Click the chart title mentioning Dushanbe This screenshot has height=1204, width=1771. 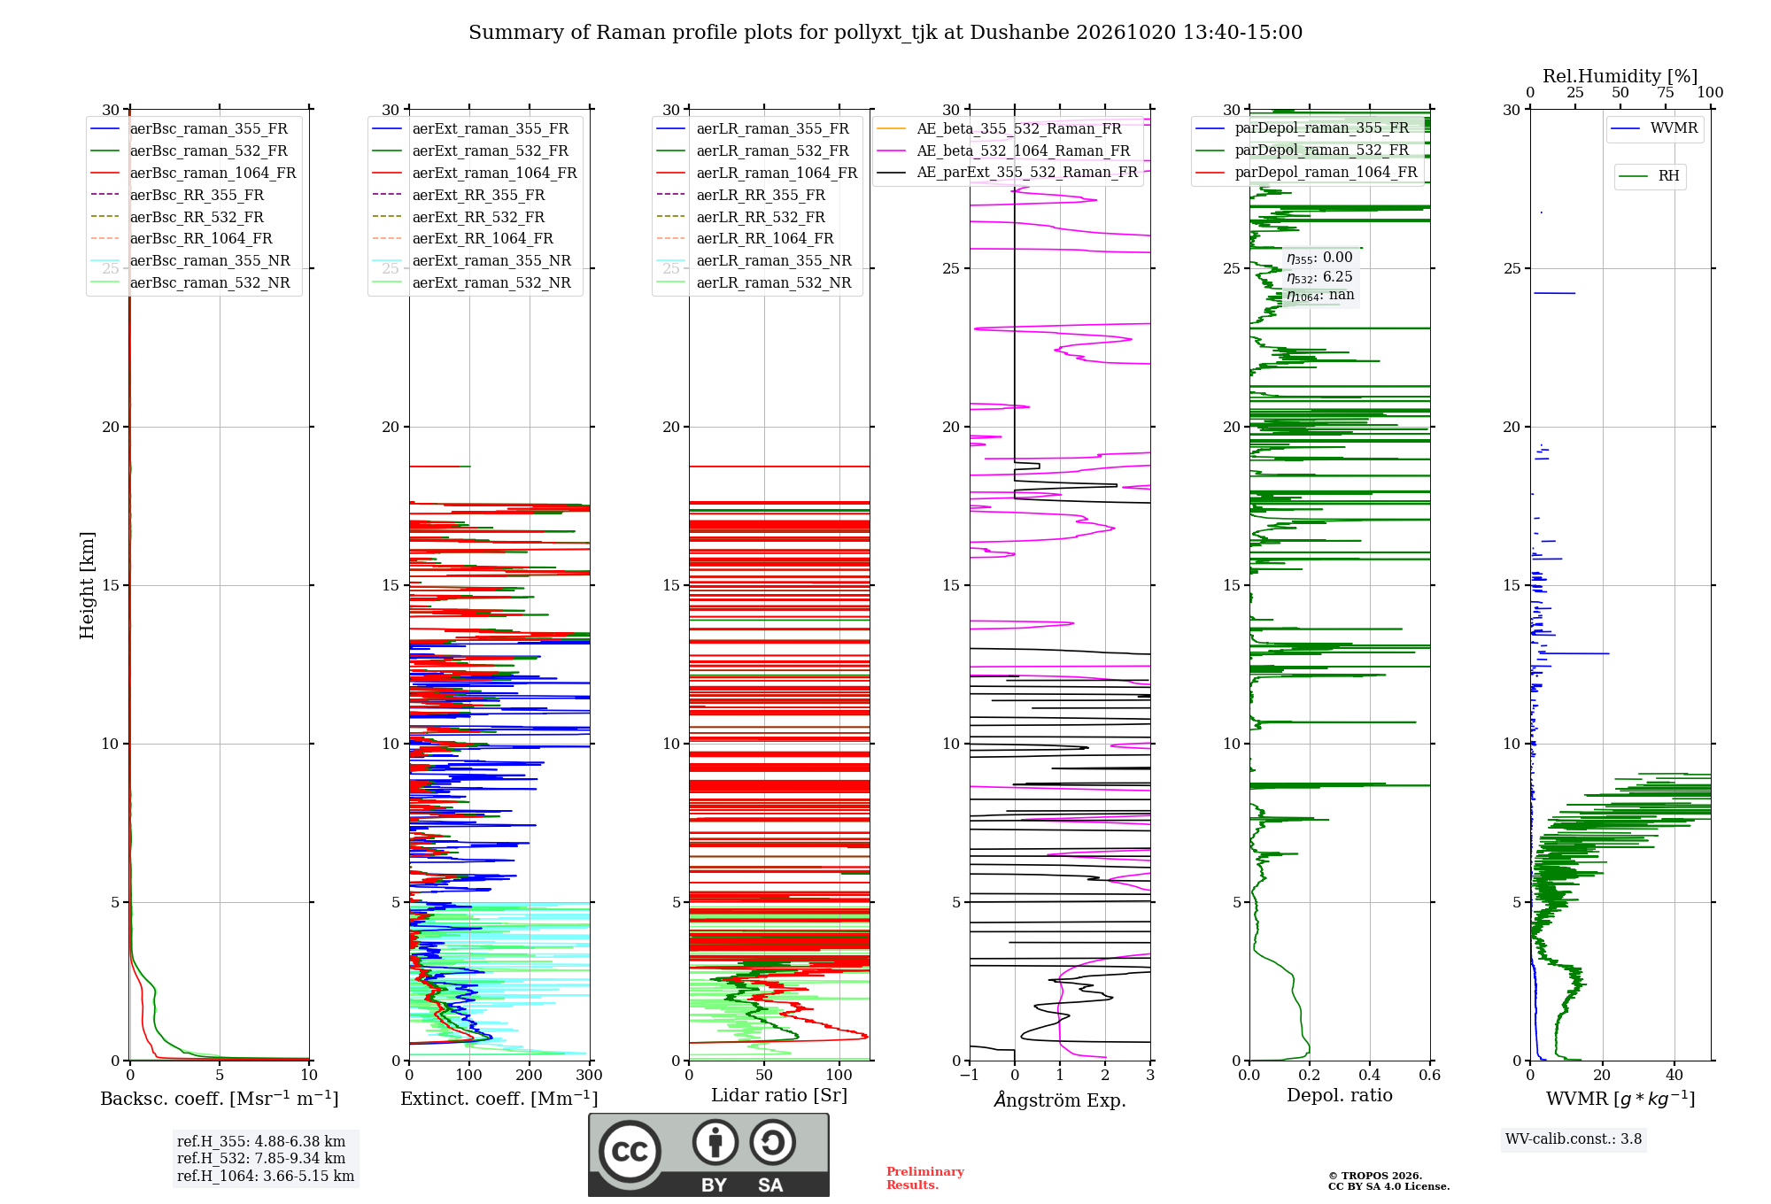pos(885,33)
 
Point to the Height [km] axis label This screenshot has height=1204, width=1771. pos(87,585)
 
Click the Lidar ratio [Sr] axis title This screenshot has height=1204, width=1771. pos(779,1096)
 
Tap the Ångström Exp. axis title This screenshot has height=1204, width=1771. pos(1060,1100)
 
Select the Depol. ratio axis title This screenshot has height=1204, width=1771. pos(1340,1096)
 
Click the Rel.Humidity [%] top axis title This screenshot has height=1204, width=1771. pos(1620,76)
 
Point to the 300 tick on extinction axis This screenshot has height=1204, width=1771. pos(589,1076)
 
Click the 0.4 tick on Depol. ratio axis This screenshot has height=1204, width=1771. pos(1370,1076)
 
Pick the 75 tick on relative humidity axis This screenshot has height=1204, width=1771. pos(1666,93)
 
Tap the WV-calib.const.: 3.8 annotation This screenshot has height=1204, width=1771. pos(1574,1139)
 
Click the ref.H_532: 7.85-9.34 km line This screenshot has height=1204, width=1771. pos(261,1158)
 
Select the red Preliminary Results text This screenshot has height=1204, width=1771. pos(925,1178)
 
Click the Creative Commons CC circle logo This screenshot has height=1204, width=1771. pos(630,1151)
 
